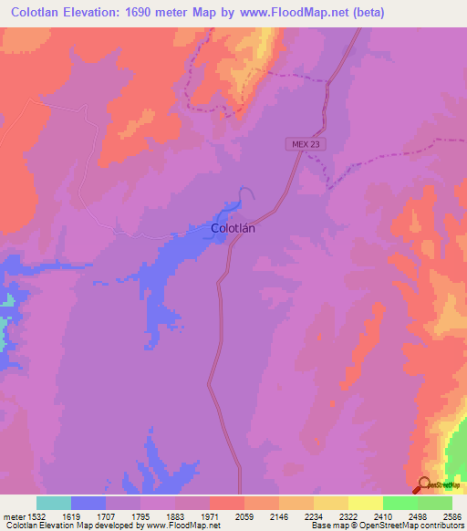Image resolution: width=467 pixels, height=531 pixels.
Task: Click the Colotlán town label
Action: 233,229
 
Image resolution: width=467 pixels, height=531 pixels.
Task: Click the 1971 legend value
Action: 211,516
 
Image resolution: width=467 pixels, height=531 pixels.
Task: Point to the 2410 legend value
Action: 383,516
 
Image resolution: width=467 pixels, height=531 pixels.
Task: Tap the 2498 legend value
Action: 418,516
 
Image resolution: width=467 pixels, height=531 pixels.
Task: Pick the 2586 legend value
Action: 450,516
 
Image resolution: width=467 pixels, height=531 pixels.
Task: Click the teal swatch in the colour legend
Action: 54,503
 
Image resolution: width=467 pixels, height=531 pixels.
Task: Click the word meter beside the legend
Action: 11,516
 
